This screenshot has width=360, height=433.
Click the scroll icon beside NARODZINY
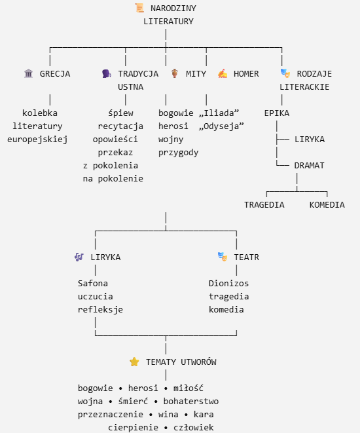(139, 8)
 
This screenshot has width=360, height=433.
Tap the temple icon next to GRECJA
(28, 73)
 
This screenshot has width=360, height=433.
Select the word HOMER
(246, 74)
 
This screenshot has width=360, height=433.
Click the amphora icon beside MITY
(174, 73)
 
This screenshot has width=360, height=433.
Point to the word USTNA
(130, 86)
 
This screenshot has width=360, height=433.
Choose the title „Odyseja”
(221, 126)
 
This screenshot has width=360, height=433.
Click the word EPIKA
(277, 113)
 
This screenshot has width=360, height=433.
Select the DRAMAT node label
(309, 166)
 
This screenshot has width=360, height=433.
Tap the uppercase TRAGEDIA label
(264, 204)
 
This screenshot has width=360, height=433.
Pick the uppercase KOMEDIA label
(327, 204)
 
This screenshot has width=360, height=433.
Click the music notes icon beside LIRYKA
(79, 257)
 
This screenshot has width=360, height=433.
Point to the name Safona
(93, 283)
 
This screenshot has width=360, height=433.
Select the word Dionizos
(228, 283)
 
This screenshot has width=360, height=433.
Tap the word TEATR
(247, 257)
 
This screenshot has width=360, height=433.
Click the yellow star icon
(134, 362)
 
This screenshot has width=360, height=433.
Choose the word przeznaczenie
(111, 415)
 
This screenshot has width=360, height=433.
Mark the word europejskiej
(37, 140)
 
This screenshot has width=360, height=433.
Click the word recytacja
(120, 126)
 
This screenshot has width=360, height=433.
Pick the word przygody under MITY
(179, 153)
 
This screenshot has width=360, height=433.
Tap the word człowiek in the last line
(193, 428)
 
